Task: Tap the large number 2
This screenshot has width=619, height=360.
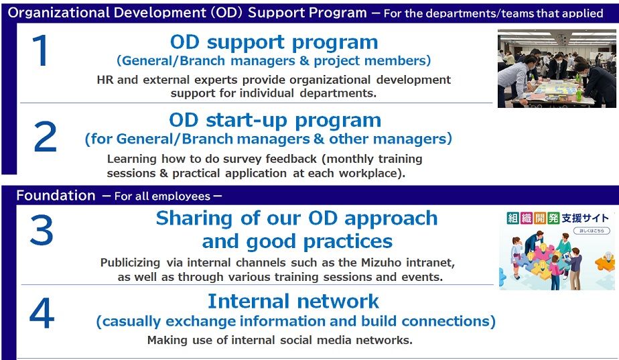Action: point(45,137)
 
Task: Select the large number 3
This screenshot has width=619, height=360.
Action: point(42,230)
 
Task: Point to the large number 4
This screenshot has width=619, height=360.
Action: point(42,313)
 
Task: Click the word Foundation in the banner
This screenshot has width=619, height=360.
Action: point(56,196)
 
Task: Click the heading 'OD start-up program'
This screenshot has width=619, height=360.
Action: point(275,120)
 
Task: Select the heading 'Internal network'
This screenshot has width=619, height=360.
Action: point(293,302)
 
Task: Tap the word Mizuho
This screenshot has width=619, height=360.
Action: point(381,262)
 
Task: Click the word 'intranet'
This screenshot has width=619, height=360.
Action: point(430,262)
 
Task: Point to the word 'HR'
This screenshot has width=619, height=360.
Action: point(105,80)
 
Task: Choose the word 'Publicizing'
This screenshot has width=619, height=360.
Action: point(130,263)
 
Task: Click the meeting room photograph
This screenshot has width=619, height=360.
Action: point(557,68)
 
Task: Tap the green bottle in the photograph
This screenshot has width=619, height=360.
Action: point(579,94)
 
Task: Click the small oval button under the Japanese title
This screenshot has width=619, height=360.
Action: point(592,231)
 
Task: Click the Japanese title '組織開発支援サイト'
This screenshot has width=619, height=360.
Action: point(557,218)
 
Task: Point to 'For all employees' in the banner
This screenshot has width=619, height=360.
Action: point(162,196)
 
